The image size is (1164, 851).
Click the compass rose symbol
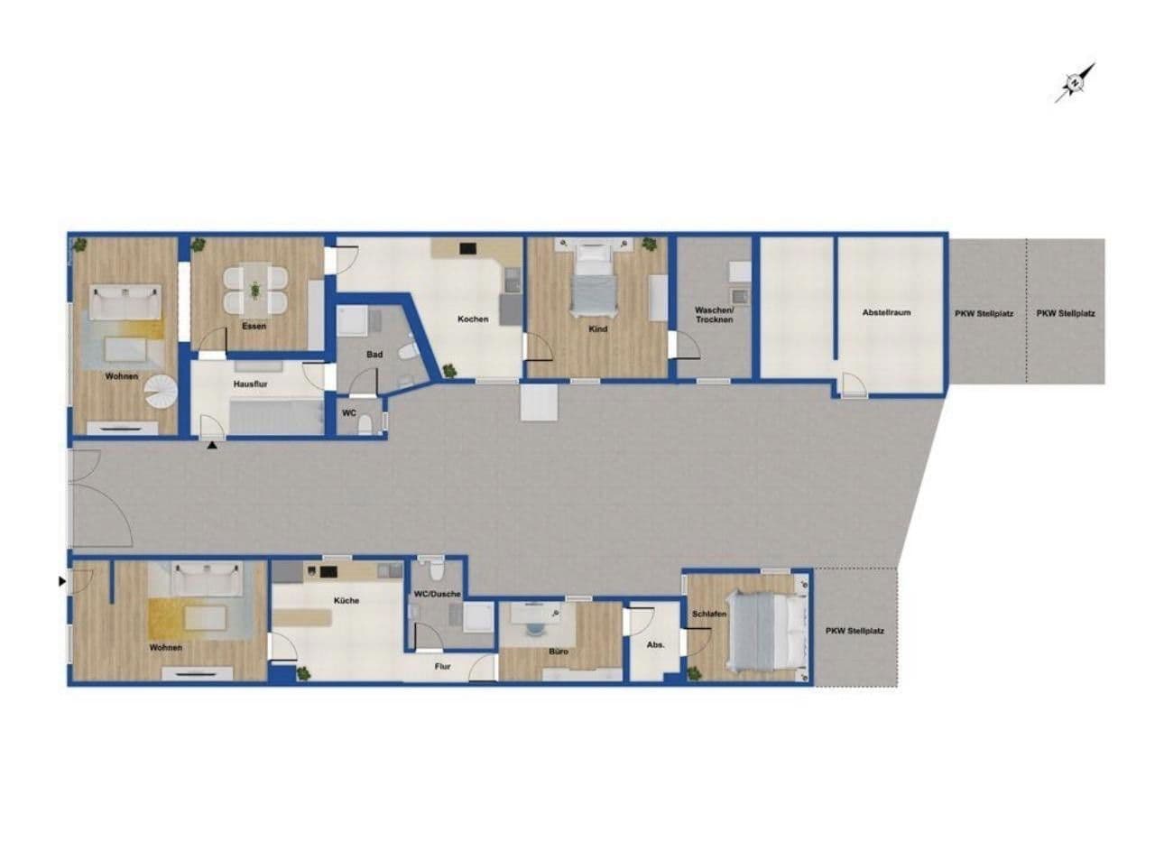click(1075, 83)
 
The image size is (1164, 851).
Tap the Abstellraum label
click(886, 313)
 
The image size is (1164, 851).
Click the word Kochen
click(473, 319)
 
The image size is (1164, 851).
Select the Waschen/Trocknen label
click(714, 315)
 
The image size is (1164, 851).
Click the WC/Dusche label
click(437, 594)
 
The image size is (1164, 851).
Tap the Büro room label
click(556, 651)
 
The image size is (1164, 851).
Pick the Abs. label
click(656, 645)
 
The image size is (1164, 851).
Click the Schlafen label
click(709, 615)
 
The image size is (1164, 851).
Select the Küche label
click(346, 601)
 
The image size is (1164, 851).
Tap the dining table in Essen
click(255, 290)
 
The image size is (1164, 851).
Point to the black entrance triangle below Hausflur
click(212, 445)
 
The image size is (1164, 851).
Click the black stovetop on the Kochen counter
click(467, 248)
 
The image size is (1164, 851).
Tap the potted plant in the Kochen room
click(448, 370)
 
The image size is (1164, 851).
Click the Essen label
click(254, 326)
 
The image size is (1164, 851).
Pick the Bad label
click(374, 355)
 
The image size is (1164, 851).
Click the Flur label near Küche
click(443, 668)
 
